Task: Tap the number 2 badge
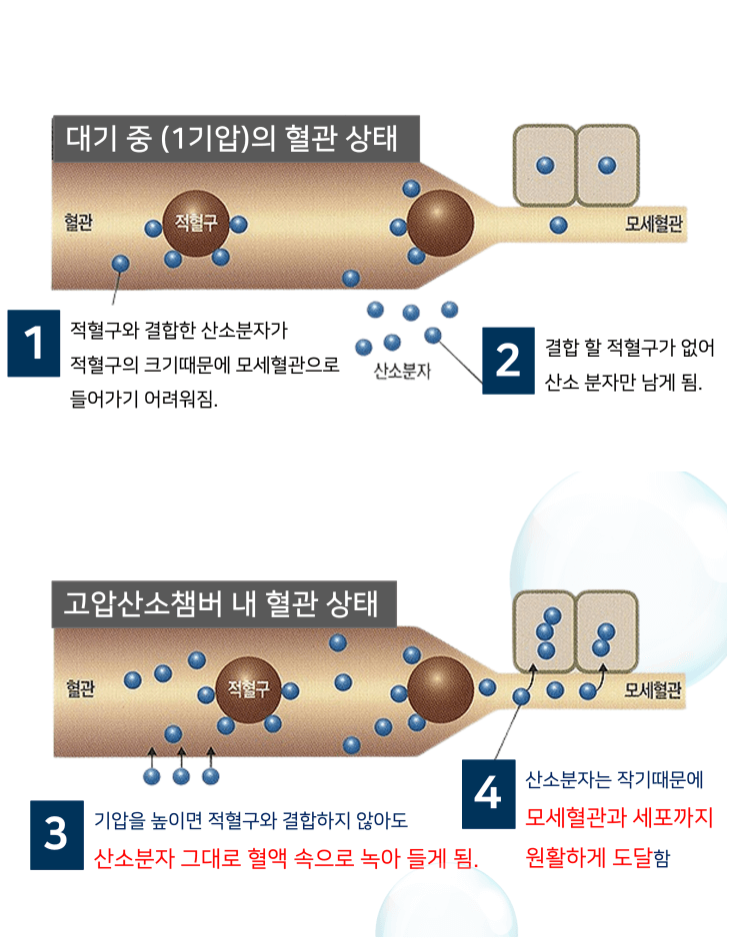tap(509, 361)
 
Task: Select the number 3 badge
tap(57, 834)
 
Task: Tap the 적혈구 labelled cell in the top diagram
tap(195, 222)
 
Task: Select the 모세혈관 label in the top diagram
tap(653, 224)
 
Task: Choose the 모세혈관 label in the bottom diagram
tap(653, 689)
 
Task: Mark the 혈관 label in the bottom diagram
tap(80, 688)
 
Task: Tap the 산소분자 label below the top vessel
tap(402, 373)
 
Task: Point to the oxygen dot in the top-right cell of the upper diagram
tap(606, 165)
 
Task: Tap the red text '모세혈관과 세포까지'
tap(618, 818)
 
